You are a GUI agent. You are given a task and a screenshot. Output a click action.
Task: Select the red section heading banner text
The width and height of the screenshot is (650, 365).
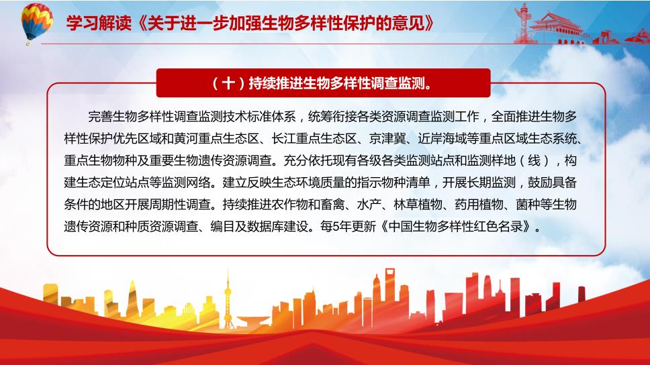pos(324,83)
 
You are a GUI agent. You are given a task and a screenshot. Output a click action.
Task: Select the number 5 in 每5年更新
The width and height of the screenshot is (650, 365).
pos(336,227)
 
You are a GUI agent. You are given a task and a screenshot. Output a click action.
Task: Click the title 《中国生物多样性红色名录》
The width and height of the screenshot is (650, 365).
pos(456,227)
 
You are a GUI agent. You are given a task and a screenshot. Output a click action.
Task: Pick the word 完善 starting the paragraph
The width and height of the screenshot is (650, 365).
pos(100,117)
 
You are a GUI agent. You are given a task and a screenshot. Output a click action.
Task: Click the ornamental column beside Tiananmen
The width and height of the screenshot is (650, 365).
pos(524,23)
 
